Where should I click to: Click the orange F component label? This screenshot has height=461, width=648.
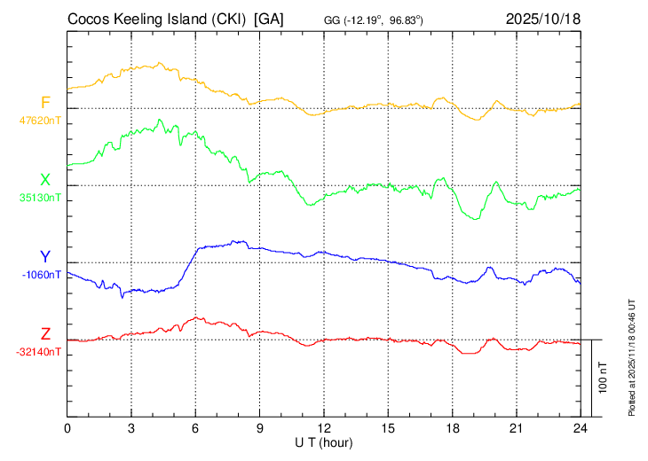[45, 102]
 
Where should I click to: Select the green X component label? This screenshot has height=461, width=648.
[45, 180]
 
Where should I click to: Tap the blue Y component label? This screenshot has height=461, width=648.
[45, 257]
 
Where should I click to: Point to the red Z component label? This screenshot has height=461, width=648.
[45, 334]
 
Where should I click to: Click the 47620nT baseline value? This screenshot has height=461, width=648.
[41, 120]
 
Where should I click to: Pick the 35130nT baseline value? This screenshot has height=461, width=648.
[41, 197]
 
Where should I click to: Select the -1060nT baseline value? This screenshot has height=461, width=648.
[42, 274]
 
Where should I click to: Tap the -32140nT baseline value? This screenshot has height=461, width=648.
[40, 352]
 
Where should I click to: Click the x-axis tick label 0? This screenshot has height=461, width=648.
[67, 429]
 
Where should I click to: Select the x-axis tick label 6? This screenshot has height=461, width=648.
[195, 429]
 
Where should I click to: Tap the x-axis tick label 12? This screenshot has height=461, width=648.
[324, 429]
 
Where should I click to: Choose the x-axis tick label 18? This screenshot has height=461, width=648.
[452, 429]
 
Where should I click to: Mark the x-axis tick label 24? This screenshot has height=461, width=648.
[580, 429]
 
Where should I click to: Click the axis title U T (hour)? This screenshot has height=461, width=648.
[324, 441]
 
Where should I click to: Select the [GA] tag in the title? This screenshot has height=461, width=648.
[269, 18]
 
